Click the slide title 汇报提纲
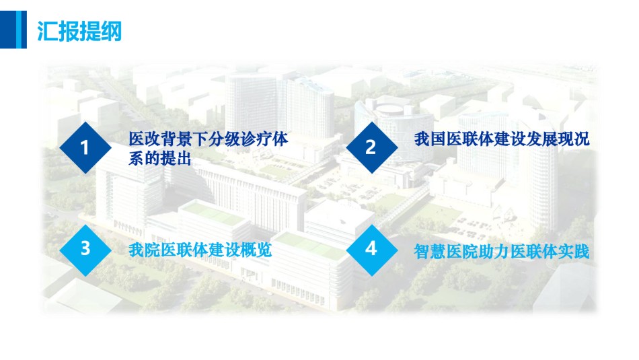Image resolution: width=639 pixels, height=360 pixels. click(79, 31)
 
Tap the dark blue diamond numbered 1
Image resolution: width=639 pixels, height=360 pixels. click(85, 147)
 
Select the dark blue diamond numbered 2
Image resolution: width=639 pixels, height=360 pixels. click(372, 147)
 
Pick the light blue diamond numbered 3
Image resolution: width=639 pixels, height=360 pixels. click(85, 249)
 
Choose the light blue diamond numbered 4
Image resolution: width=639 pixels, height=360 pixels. click(372, 249)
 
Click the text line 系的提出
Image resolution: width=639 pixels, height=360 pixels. click(160, 158)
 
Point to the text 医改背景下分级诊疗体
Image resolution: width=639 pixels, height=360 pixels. click(209, 139)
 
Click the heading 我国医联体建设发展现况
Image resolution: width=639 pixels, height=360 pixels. click(502, 139)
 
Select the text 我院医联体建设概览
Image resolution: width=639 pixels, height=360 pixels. click(200, 250)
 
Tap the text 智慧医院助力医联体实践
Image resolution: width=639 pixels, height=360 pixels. click(502, 251)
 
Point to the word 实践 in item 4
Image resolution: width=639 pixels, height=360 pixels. click(574, 251)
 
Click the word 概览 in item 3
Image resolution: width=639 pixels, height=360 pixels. click(256, 250)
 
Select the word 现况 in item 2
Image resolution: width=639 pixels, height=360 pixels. click(574, 139)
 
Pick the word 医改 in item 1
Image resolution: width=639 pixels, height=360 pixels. click(144, 139)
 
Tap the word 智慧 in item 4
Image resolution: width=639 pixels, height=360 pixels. click(430, 251)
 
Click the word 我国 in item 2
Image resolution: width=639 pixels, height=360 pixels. click(430, 139)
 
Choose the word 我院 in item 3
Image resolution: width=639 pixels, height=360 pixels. click(144, 250)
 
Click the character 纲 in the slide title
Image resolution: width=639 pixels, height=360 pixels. click(111, 31)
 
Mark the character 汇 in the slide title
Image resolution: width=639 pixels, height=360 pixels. click(47, 31)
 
